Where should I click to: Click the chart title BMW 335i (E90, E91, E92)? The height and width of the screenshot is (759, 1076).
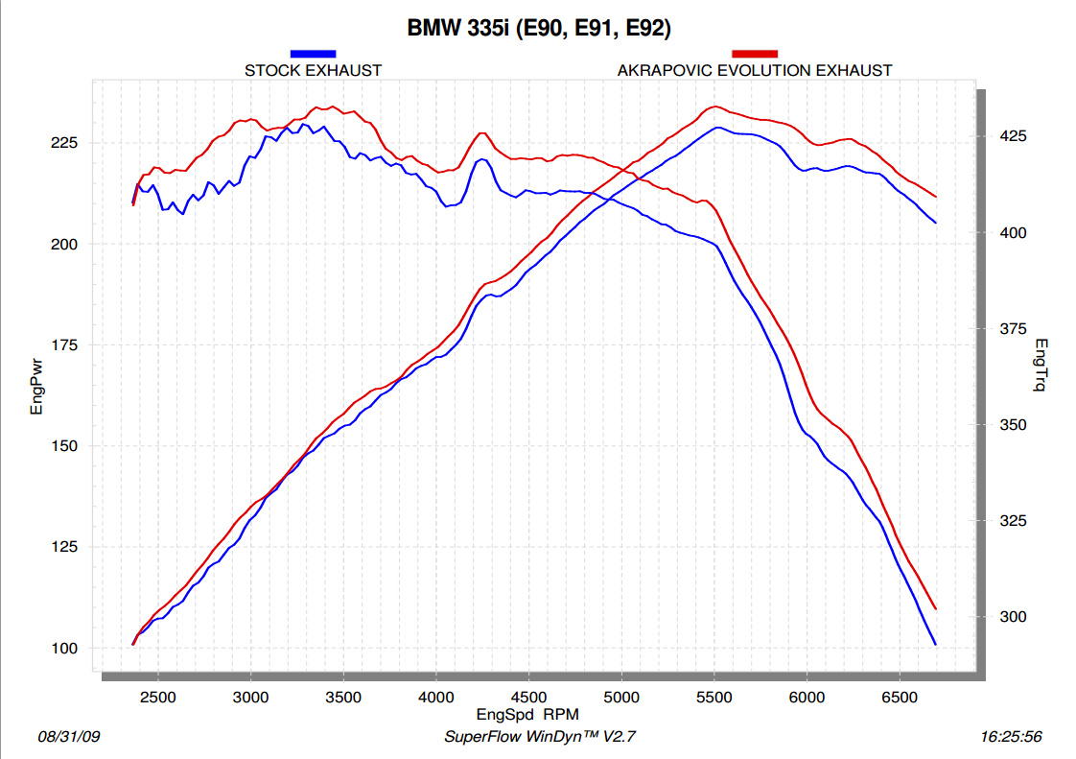coord(539,28)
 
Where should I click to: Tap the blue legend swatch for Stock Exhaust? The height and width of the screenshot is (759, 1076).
coord(313,54)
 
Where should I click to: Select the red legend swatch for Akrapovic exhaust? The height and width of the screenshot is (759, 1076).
coord(755,54)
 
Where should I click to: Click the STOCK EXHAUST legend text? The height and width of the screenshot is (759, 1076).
coord(313,70)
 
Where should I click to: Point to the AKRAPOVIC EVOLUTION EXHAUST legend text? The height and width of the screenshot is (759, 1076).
coord(755,70)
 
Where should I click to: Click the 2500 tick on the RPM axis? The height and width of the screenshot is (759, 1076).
coord(157,697)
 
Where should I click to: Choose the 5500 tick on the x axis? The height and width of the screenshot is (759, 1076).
coord(714,697)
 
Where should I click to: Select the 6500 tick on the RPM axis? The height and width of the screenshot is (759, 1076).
coord(900,697)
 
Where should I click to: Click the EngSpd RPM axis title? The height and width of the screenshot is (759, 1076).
coord(527,715)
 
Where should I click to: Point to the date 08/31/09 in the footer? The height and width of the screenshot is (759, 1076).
coord(68,737)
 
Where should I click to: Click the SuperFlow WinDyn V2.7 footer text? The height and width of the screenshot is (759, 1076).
coord(540,737)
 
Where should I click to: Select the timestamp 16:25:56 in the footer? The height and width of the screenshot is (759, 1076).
coord(1011,737)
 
